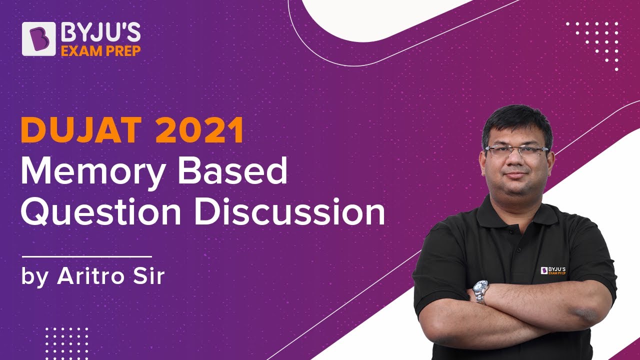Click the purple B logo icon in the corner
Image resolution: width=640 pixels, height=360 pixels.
(x=39, y=38)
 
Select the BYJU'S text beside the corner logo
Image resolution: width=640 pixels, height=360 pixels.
(x=100, y=33)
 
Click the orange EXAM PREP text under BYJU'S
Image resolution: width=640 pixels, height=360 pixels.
(x=100, y=50)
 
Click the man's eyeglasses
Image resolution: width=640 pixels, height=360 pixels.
(x=516, y=150)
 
